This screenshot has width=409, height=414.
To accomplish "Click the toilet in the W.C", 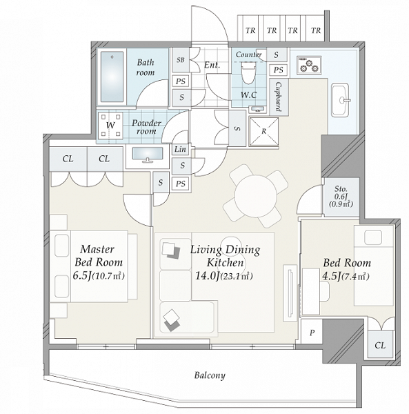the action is click(248, 71).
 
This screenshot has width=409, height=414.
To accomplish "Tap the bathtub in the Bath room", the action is click(112, 77).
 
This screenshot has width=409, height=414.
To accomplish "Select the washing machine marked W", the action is click(110, 126).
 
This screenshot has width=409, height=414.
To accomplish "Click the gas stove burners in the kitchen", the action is click(309, 65).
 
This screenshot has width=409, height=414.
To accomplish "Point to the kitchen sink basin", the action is click(341, 100).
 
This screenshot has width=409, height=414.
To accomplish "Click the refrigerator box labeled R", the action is click(264, 132).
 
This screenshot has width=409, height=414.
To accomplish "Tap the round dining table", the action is click(255, 197).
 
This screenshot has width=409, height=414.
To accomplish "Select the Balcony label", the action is click(210, 375).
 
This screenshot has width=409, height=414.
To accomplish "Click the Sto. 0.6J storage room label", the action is click(341, 197).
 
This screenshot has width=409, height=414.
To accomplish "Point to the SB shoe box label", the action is click(181, 60).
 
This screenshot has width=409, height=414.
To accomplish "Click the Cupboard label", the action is click(278, 96).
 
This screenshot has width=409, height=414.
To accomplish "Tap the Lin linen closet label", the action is click(180, 149).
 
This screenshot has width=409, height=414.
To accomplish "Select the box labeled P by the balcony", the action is click(312, 332).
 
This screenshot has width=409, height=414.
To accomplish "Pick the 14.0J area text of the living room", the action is click(206, 276).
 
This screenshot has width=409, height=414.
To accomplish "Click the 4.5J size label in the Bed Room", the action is click(331, 276).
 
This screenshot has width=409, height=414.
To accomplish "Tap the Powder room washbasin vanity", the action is click(148, 156).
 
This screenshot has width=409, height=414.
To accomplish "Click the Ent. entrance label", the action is click(212, 65).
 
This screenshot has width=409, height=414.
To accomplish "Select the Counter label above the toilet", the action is click(248, 55).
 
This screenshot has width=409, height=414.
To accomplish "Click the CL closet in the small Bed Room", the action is click(380, 344).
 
